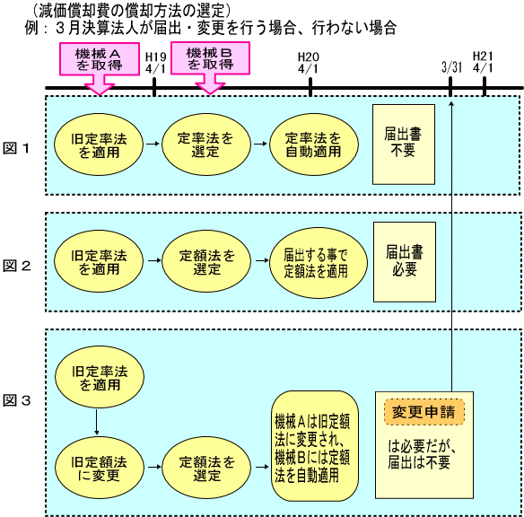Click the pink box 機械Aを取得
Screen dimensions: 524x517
(x=100, y=59)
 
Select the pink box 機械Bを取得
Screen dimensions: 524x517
(x=210, y=58)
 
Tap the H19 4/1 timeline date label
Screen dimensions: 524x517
(x=155, y=63)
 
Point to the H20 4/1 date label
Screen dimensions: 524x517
(x=308, y=63)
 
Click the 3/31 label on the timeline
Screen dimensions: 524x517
(x=451, y=67)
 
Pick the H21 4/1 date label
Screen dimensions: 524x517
(x=484, y=62)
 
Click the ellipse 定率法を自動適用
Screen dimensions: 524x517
(x=314, y=145)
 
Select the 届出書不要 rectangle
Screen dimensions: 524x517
(x=404, y=145)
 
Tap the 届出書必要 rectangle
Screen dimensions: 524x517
(x=405, y=262)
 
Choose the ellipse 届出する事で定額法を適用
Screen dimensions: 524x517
(x=319, y=263)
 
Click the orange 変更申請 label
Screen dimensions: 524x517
(x=424, y=412)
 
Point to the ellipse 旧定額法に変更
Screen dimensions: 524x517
(x=100, y=468)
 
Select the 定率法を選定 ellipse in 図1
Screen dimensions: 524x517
(x=206, y=145)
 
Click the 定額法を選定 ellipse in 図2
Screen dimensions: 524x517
(x=206, y=261)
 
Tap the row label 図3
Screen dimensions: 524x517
(x=17, y=400)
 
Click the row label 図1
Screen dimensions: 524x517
(x=16, y=148)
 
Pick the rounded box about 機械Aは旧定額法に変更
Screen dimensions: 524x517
(x=315, y=446)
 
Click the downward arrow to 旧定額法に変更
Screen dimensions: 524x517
(x=97, y=422)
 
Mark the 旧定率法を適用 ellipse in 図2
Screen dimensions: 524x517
(x=99, y=261)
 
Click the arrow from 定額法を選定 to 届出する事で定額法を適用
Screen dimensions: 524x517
(x=262, y=260)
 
